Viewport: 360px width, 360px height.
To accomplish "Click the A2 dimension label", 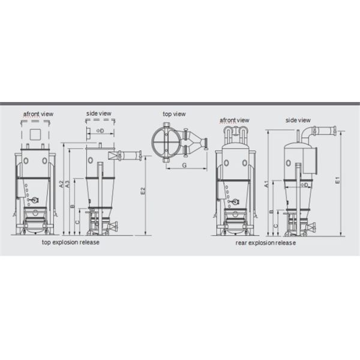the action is (61, 184).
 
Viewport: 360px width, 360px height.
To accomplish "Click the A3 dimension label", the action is (67, 184).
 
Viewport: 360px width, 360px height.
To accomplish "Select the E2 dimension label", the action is (143, 191).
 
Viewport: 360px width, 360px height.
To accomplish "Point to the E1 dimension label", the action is (337, 180).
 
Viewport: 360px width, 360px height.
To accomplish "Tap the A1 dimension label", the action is (266, 184).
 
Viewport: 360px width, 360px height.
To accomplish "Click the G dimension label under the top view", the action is (184, 165).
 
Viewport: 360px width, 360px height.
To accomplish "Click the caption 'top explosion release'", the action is (71, 242).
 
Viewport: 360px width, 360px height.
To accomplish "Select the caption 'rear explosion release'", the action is (266, 242).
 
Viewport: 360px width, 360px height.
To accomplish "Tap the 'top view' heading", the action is (174, 114).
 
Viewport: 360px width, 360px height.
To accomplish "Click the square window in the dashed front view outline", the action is (35, 134).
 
